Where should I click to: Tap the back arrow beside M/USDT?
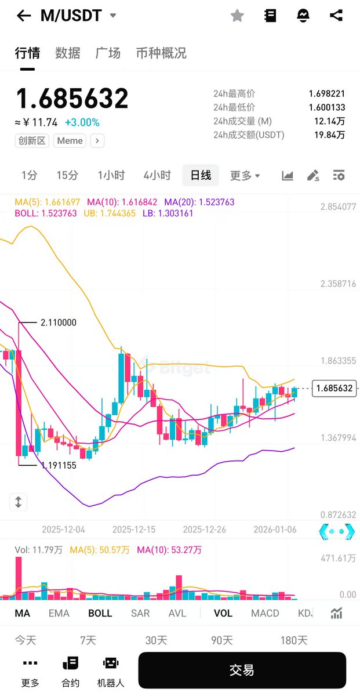(x=23, y=16)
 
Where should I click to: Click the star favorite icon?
(x=237, y=16)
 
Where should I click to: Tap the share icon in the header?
(x=336, y=16)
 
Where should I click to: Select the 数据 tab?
(x=68, y=53)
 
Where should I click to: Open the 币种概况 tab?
(x=161, y=53)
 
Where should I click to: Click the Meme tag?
(x=70, y=141)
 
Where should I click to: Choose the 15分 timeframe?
(x=67, y=175)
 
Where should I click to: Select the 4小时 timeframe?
(x=157, y=175)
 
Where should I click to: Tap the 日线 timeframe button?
(x=201, y=175)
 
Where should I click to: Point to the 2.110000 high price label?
(x=58, y=322)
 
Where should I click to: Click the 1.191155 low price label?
(x=58, y=465)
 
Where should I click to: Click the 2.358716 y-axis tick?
(x=338, y=284)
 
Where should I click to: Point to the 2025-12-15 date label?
(x=134, y=530)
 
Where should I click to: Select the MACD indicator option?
(x=265, y=613)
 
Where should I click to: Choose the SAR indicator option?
(x=140, y=613)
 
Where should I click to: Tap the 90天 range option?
(x=221, y=640)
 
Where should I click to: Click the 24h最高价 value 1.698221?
(x=326, y=93)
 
